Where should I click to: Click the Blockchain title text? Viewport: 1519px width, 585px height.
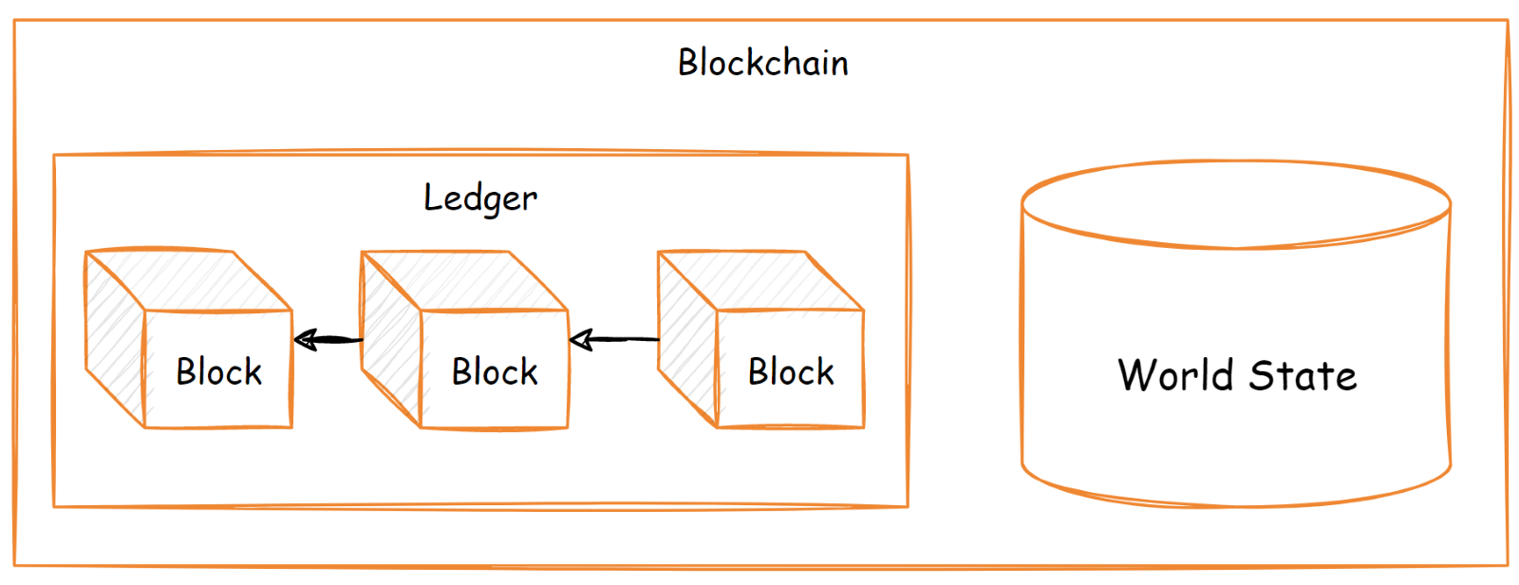click(763, 63)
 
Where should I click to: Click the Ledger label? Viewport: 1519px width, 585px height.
click(480, 198)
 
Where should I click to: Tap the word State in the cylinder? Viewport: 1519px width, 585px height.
click(1303, 375)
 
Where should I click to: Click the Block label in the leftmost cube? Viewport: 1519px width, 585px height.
click(218, 371)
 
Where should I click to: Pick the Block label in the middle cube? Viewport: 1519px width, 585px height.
click(494, 371)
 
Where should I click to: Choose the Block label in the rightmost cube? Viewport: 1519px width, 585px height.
click(790, 371)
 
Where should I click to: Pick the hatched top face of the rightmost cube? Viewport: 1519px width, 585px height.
click(759, 280)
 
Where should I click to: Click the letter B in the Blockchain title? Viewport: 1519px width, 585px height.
click(687, 63)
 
